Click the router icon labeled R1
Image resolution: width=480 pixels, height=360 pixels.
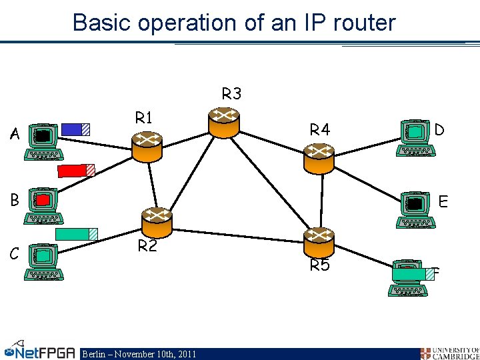[x=147, y=146]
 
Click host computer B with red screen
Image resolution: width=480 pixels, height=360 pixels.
[x=43, y=206]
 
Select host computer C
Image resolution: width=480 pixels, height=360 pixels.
[x=44, y=261]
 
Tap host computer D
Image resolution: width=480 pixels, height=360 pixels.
[x=415, y=138]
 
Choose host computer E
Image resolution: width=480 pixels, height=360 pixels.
[x=416, y=209]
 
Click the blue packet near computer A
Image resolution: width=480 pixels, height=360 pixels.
[x=75, y=129]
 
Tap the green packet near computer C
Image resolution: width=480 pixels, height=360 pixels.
[x=76, y=234]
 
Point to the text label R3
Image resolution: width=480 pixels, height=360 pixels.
[x=231, y=94]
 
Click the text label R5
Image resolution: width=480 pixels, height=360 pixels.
[x=320, y=266]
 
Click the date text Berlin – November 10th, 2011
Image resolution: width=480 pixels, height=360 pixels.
[x=139, y=354]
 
